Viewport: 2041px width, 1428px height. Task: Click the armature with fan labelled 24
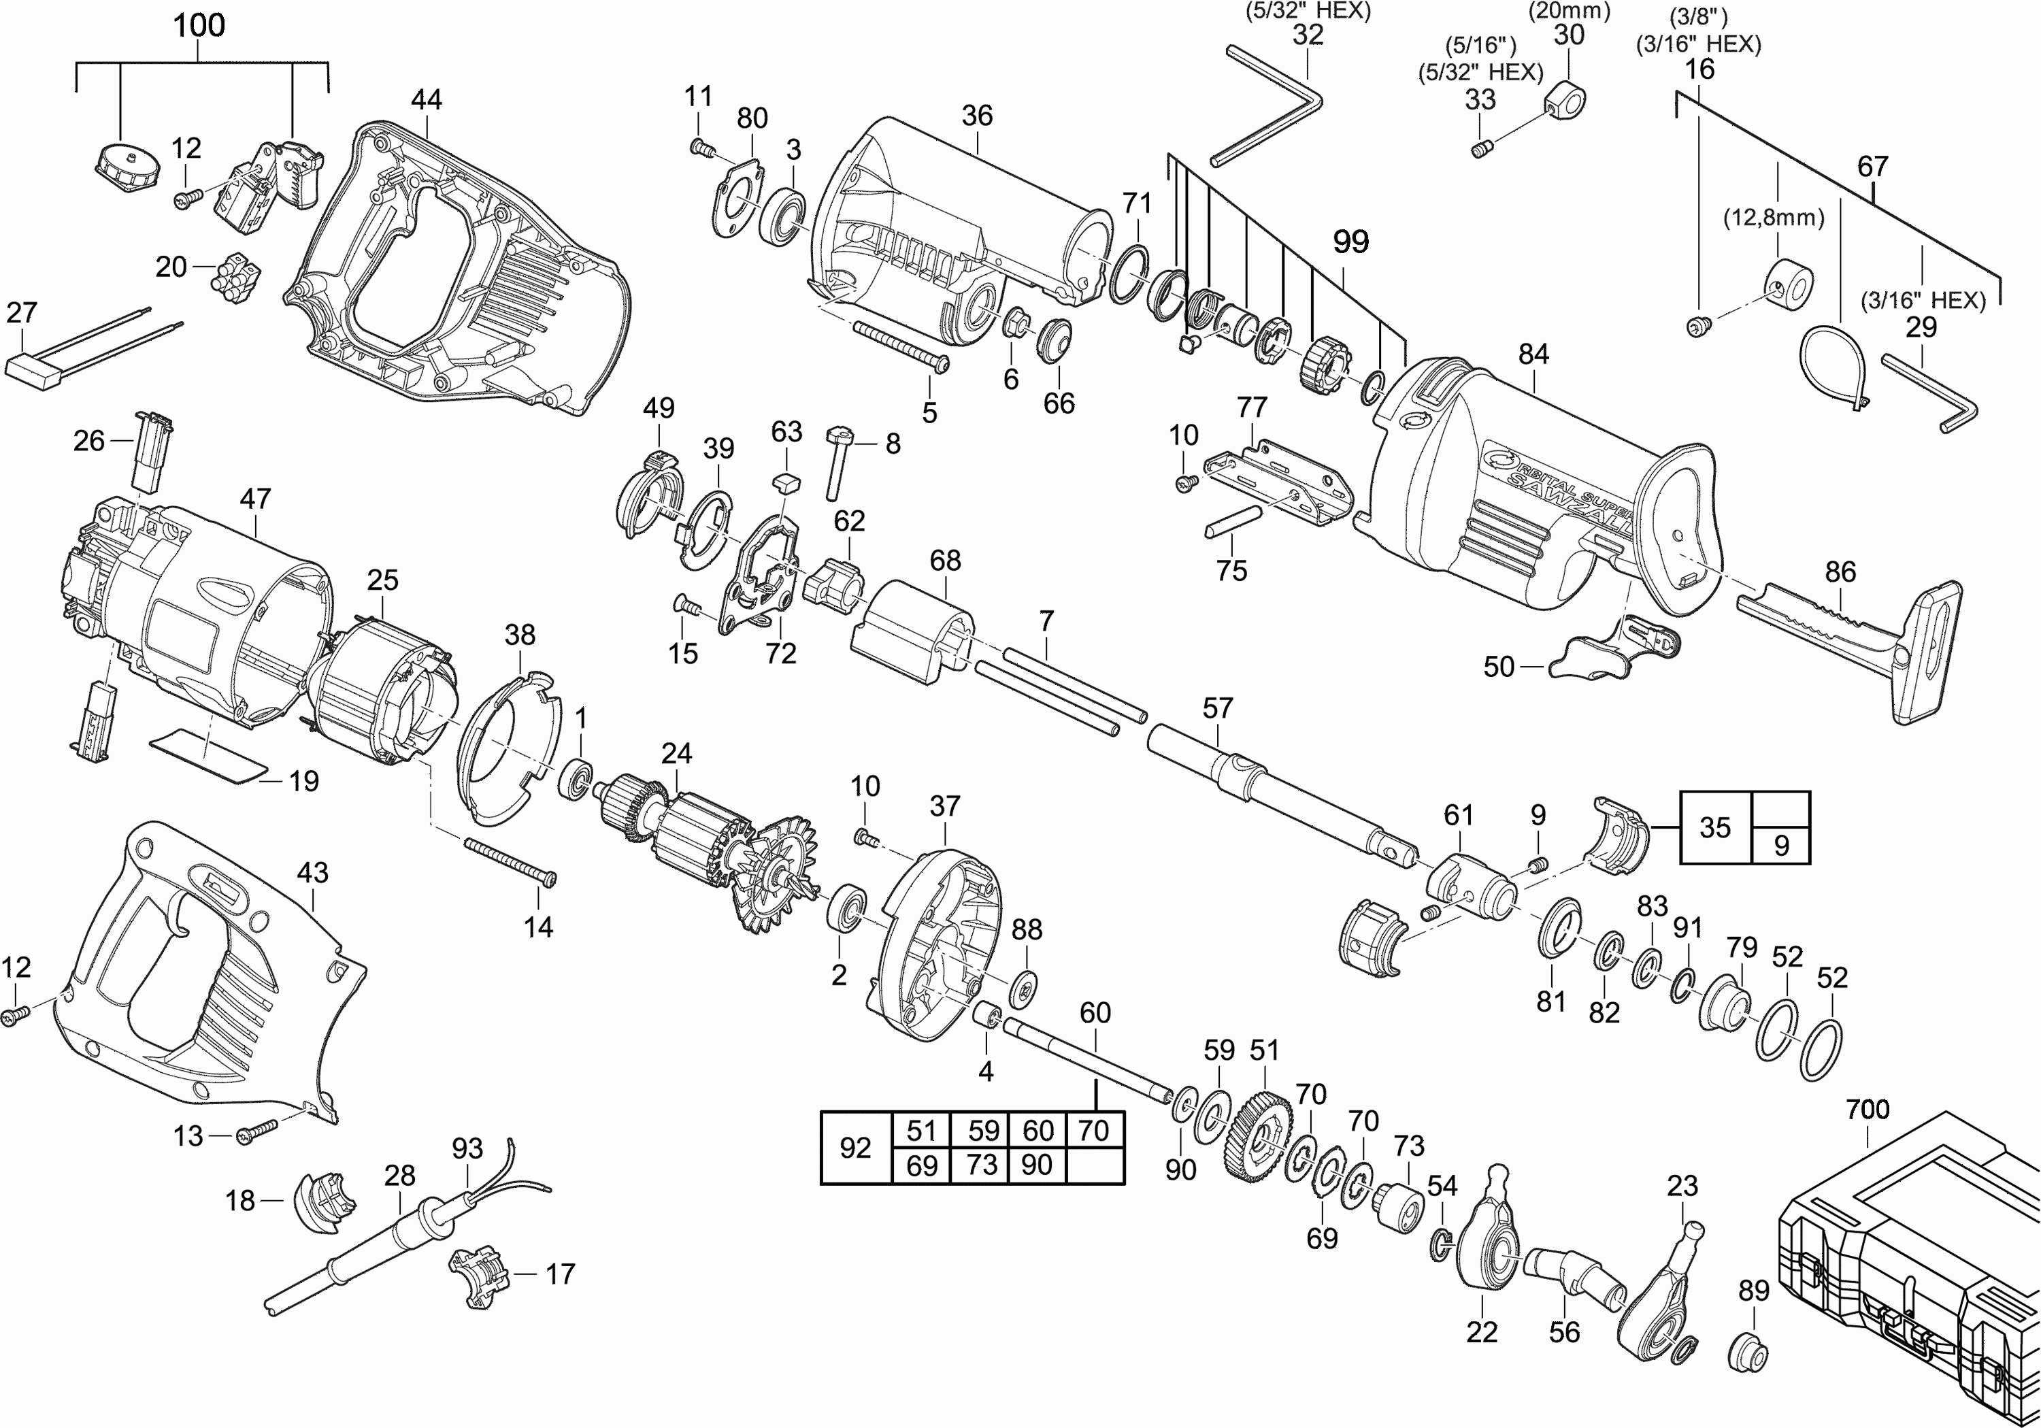pyautogui.click(x=702, y=845)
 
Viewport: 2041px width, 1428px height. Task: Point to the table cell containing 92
pyautogui.click(x=855, y=1148)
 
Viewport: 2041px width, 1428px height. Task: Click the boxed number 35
pyautogui.click(x=1714, y=828)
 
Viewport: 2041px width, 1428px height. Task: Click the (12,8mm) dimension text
pyautogui.click(x=1774, y=218)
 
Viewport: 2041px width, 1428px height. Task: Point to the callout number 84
pyautogui.click(x=1533, y=354)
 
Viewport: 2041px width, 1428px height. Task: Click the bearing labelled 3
pyautogui.click(x=782, y=214)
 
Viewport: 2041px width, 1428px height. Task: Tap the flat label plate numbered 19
pyautogui.click(x=209, y=755)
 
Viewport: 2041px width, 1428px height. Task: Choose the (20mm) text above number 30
pyautogui.click(x=1569, y=12)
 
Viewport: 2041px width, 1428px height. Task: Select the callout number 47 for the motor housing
pyautogui.click(x=255, y=499)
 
